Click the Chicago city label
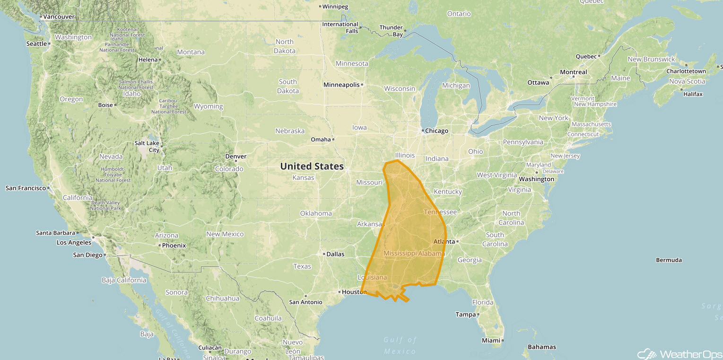pyautogui.click(x=436, y=131)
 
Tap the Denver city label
pyautogui.click(x=235, y=156)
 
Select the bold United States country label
pyautogui.click(x=312, y=166)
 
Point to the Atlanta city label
pyautogui.click(x=444, y=242)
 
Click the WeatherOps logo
pyautogui.click(x=679, y=354)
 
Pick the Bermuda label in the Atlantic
pyautogui.click(x=669, y=260)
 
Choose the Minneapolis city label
pyautogui.click(x=341, y=85)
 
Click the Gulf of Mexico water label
pyautogui.click(x=400, y=345)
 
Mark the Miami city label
pyautogui.click(x=491, y=340)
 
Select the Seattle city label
pyautogui.click(x=36, y=44)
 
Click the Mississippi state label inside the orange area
pyautogui.click(x=401, y=254)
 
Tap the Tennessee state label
pyautogui.click(x=440, y=212)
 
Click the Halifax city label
pyautogui.click(x=693, y=94)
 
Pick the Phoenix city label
pyautogui.click(x=174, y=246)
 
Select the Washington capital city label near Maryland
pyautogui.click(x=536, y=179)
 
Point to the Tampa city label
pyautogui.click(x=465, y=314)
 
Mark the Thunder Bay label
pyautogui.click(x=391, y=31)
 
